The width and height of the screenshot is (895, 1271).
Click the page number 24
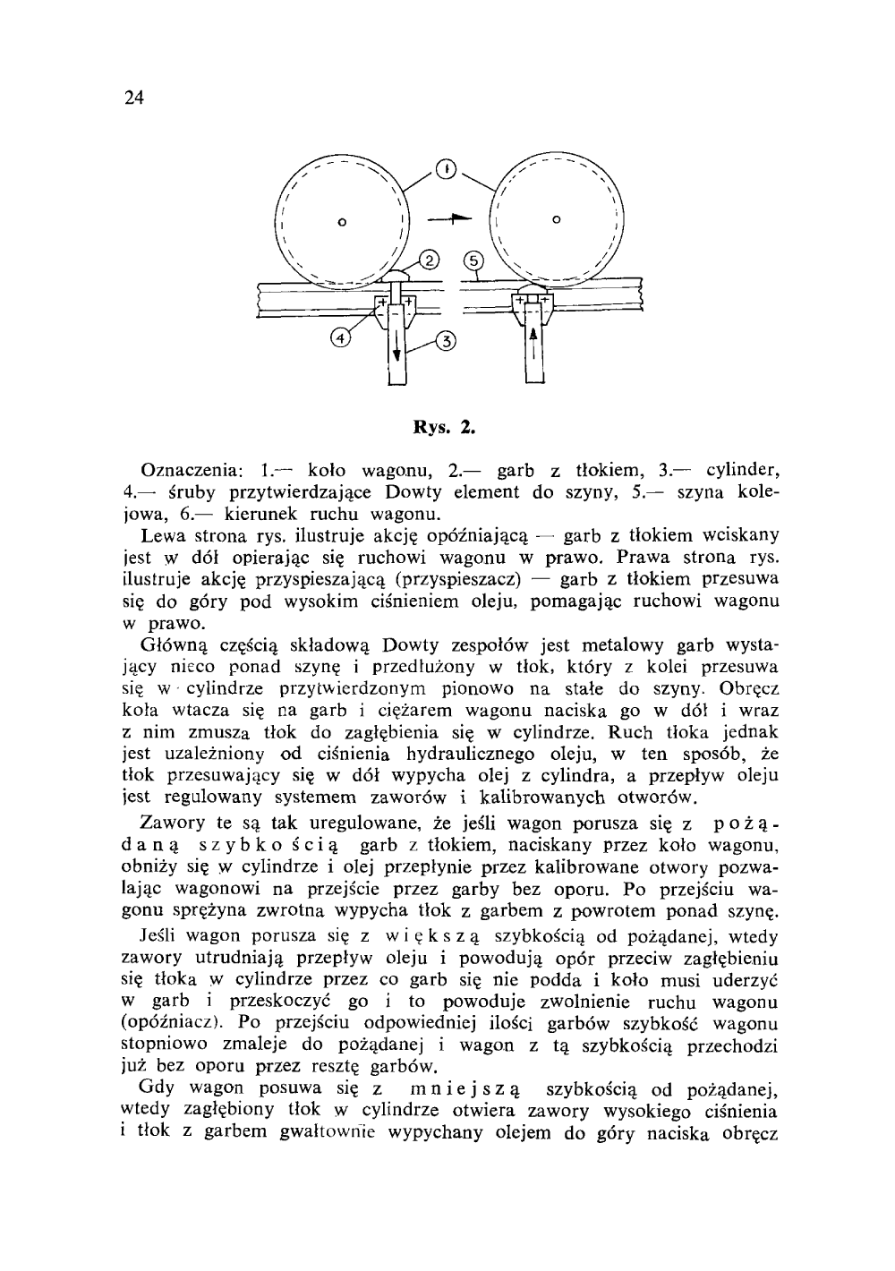tap(133, 98)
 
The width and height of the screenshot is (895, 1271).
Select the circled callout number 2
tap(429, 261)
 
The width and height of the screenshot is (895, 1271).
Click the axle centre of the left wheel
tap(341, 219)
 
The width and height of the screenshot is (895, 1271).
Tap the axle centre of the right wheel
tap(556, 218)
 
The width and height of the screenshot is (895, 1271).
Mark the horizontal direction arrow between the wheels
tap(448, 218)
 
